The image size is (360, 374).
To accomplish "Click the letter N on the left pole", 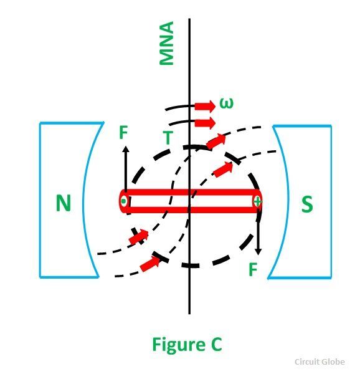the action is tap(64, 203).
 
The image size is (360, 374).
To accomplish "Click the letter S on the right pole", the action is tap(307, 204).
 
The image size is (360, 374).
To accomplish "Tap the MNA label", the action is tap(166, 43).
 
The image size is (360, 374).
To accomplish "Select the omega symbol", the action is tap(226, 103).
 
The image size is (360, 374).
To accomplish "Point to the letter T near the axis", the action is tap(168, 138).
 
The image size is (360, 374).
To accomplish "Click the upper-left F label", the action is tap(124, 132).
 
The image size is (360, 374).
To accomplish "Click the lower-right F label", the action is tap(253, 269).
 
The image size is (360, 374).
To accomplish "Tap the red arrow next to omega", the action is tap(205, 106).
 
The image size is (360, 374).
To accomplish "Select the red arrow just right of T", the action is tap(205, 123).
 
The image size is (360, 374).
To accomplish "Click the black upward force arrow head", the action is tap(126, 150).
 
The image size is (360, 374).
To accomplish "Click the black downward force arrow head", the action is tap(258, 251).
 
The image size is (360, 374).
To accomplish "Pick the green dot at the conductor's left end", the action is tap(123, 201).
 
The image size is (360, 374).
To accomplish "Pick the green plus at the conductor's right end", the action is tap(258, 202).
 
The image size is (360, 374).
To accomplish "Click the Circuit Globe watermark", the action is tap(320, 362).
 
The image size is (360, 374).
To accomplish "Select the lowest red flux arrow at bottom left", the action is tap(150, 264).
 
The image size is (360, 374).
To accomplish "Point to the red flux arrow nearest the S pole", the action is tap(223, 169).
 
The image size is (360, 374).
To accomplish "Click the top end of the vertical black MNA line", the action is tap(189, 19).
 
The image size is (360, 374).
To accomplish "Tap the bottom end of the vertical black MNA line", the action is tap(189, 314).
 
